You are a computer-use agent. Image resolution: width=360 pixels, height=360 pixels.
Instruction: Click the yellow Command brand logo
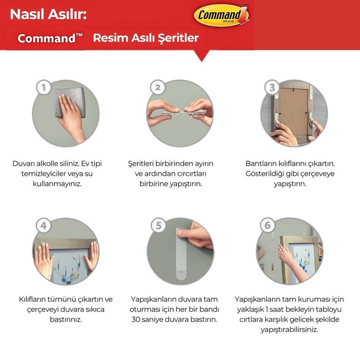222,15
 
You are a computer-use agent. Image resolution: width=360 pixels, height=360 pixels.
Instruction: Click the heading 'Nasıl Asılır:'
48,14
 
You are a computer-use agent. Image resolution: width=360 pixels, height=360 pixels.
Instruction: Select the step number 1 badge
43,87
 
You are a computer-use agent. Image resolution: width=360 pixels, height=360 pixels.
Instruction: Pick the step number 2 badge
158,87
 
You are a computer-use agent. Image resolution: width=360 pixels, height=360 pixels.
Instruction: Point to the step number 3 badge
272,87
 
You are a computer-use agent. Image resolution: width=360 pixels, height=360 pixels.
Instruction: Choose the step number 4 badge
43,225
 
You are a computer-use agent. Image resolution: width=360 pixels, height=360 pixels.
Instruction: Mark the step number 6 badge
268,225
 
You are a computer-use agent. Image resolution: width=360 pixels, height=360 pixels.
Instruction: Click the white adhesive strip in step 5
181,254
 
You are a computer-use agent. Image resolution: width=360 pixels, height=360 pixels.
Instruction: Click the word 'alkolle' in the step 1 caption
47,164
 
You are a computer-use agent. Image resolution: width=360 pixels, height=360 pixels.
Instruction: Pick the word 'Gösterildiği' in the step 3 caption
263,174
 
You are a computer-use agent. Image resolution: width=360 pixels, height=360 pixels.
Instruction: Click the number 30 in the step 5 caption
136,320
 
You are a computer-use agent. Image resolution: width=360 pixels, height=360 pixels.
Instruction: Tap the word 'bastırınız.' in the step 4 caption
66,320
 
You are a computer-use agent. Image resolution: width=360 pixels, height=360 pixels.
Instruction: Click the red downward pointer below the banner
202,56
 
